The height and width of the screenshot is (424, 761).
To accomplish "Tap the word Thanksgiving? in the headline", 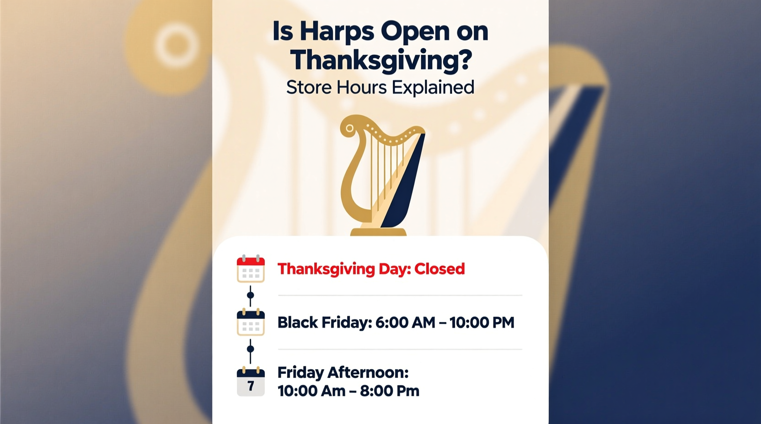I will (x=380, y=60).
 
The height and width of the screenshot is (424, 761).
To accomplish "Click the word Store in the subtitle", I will (x=309, y=87).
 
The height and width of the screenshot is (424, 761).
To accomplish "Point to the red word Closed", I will (x=439, y=269).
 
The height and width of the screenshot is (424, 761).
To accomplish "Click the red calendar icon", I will (x=251, y=269).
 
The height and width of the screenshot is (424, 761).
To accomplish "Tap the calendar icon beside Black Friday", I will (x=251, y=323).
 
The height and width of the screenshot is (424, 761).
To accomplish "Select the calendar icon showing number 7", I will (x=251, y=382).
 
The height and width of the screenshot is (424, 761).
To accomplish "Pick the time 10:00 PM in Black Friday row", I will (x=482, y=323).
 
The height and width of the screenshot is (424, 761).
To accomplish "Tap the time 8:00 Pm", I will (x=390, y=391).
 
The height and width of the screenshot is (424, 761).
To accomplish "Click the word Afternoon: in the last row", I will (x=368, y=373).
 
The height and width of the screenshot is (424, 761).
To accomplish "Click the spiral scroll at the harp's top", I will (x=350, y=128).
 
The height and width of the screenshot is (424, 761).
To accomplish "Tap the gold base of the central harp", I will (x=378, y=231).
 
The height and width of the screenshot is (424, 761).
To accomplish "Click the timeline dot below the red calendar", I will (x=250, y=295).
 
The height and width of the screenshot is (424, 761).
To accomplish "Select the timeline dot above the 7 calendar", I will (x=250, y=349).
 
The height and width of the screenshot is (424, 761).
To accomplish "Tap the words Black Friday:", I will (x=325, y=323).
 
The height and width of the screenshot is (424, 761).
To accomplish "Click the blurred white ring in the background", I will (x=177, y=45).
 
